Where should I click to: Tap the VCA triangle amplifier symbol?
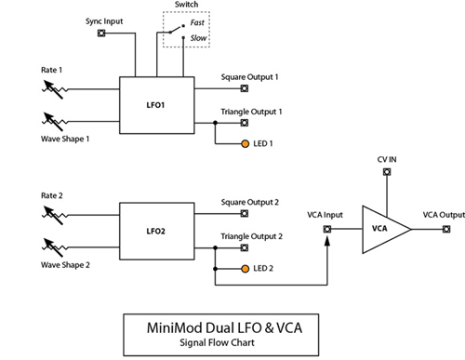pyautogui.click(x=380, y=227)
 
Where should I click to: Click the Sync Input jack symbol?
pyautogui.click(x=100, y=33)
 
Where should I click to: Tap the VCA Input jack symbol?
pyautogui.click(x=325, y=227)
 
